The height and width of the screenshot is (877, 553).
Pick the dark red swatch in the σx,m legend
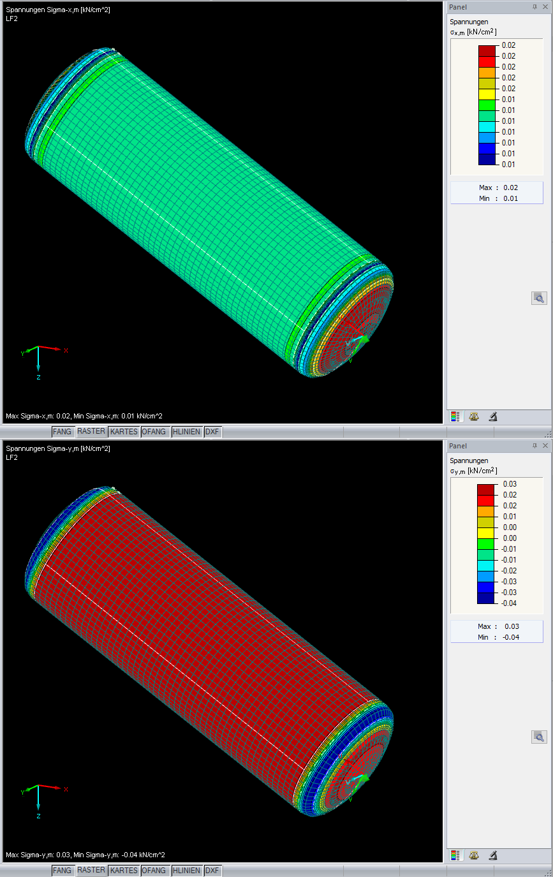point(487,51)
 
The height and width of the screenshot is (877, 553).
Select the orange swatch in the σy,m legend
point(485,512)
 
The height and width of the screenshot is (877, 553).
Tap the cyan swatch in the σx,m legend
point(487,127)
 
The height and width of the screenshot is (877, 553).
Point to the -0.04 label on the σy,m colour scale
point(509,603)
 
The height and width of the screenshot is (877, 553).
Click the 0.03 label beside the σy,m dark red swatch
point(510,484)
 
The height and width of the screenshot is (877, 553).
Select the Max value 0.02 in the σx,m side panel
point(511,188)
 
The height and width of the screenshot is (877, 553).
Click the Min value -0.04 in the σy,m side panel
point(511,637)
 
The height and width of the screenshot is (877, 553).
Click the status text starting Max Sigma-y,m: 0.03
point(85,855)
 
